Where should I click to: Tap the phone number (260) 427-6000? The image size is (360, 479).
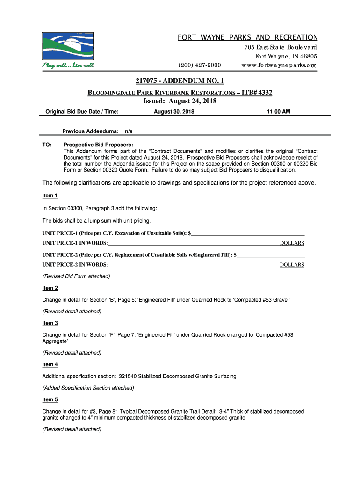point(200,65)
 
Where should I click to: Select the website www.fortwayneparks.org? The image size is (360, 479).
point(279,65)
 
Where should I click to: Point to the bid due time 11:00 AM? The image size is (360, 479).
point(279,112)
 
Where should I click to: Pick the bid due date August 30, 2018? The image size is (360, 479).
point(174,112)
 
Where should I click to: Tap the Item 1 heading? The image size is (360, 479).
point(50,196)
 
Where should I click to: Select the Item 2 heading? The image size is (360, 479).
point(50,288)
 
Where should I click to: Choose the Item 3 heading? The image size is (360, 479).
point(50,323)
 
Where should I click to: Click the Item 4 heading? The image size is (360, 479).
point(50,364)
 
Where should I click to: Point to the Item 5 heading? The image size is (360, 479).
point(50,399)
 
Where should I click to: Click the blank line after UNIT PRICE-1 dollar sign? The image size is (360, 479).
point(248,232)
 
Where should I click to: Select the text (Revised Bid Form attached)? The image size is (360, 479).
point(76,276)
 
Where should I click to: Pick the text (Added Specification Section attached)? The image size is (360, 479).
point(88,388)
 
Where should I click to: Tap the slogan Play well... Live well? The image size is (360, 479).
point(68,65)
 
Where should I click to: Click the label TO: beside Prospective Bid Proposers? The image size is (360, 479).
point(47,145)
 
